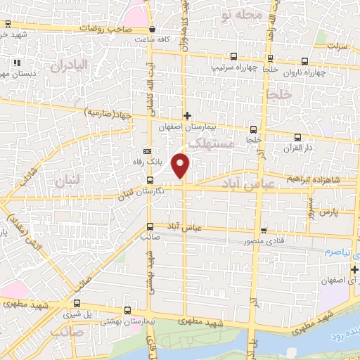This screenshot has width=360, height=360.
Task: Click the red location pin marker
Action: pyautogui.click(x=182, y=165)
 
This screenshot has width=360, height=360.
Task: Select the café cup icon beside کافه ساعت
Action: pyautogui.click(x=153, y=30)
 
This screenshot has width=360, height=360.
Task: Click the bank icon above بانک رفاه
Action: pyautogui.click(x=147, y=151)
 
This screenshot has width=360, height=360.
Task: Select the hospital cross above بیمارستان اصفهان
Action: pyautogui.click(x=186, y=115)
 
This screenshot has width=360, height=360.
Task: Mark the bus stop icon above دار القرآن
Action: pyautogui.click(x=298, y=137)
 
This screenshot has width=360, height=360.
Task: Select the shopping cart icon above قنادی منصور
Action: pyautogui.click(x=264, y=230)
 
